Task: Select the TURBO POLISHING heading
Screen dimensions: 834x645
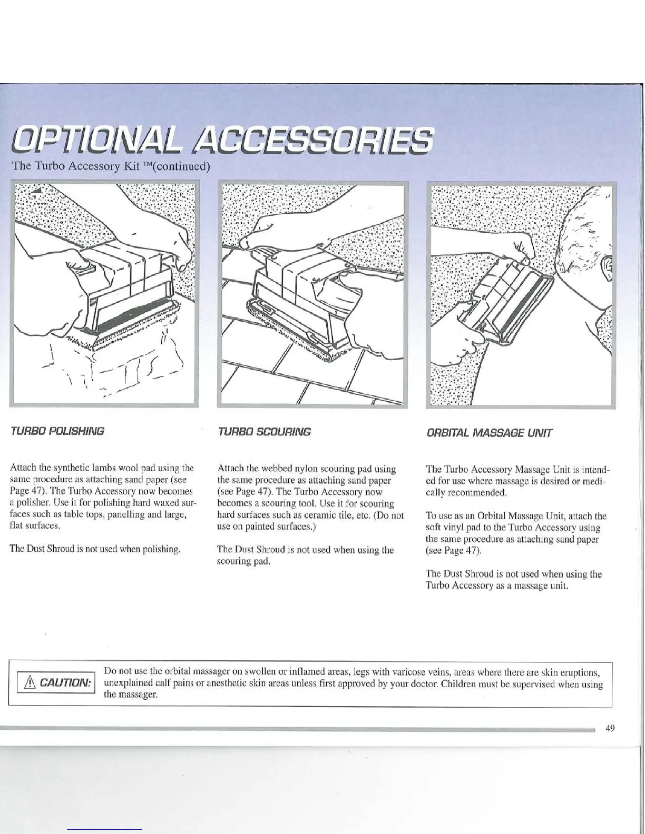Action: point(57,432)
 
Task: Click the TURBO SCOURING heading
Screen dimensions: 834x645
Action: point(264,432)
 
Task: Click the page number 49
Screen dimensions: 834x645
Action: point(610,728)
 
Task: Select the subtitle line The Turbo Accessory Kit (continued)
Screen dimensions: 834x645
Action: point(111,167)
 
